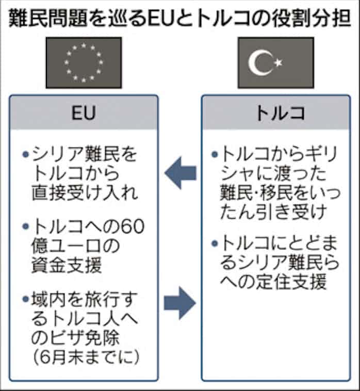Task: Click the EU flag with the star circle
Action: (84, 62)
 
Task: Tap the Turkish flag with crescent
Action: (275, 62)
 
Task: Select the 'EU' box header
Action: (84, 112)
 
